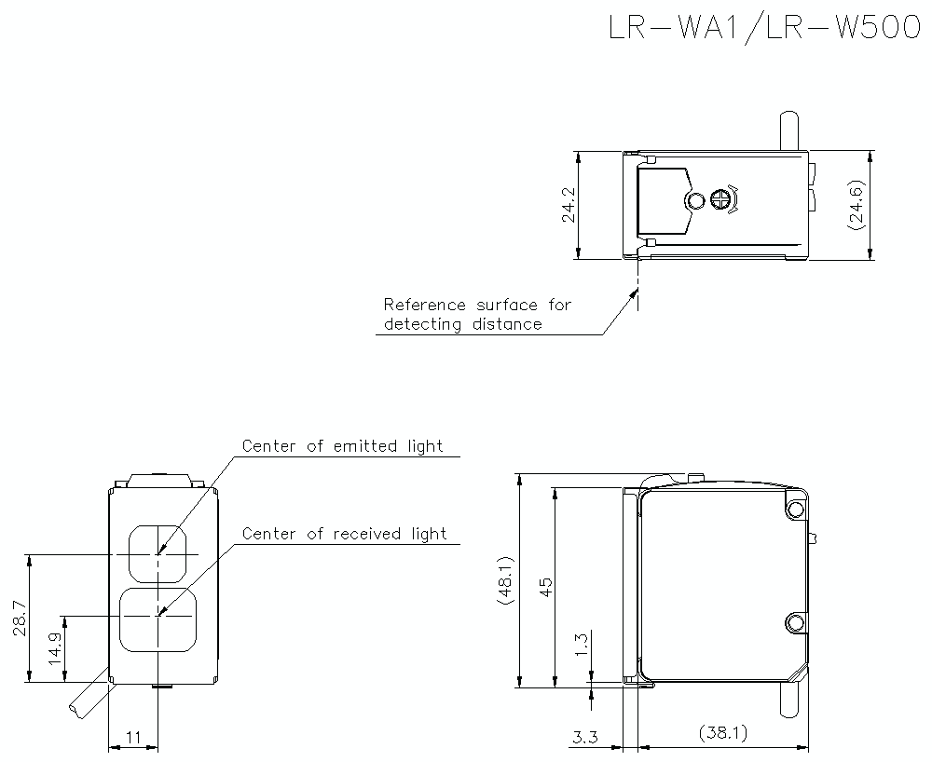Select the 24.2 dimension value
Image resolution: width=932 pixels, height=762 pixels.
click(x=568, y=206)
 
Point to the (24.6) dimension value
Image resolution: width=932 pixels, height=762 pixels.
click(x=857, y=205)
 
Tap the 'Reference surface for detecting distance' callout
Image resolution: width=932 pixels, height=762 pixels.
click(x=476, y=315)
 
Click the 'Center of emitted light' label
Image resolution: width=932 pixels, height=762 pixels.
click(x=342, y=446)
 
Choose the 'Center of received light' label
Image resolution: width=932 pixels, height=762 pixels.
click(x=344, y=534)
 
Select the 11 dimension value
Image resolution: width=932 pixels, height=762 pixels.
click(x=132, y=738)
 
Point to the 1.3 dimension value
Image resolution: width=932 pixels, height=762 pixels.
click(x=581, y=644)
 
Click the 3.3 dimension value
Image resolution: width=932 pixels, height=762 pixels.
click(x=584, y=738)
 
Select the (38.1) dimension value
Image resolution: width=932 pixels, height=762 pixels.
click(x=722, y=734)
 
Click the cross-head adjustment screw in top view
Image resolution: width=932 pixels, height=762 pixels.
click(x=720, y=199)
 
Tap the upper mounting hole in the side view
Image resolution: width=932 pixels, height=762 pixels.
click(x=794, y=509)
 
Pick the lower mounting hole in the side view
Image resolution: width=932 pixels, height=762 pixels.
click(x=794, y=622)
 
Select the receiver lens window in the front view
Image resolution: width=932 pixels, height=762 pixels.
click(x=158, y=617)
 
